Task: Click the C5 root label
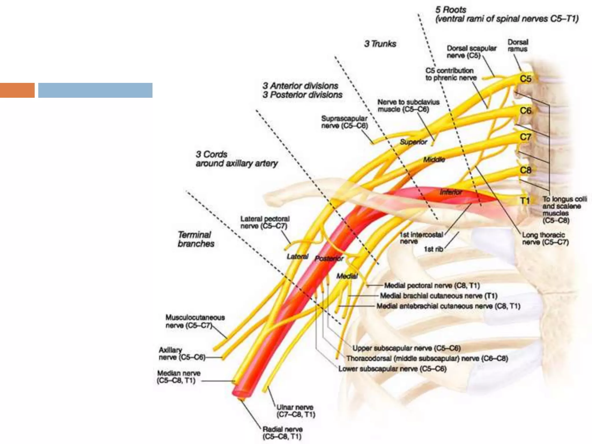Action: (x=525, y=79)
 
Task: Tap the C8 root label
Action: (x=525, y=170)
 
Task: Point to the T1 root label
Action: (x=525, y=201)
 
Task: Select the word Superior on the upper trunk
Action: (x=413, y=142)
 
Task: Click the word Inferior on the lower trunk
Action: (x=451, y=192)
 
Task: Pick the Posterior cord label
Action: (x=329, y=258)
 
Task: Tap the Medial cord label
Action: (x=347, y=276)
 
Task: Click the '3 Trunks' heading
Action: (x=380, y=44)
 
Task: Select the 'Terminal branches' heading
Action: (x=196, y=239)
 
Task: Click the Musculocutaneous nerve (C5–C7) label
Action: (x=195, y=321)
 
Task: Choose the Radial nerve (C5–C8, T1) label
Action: (x=282, y=433)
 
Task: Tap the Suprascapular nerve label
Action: (x=344, y=122)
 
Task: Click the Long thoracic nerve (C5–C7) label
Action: (x=545, y=239)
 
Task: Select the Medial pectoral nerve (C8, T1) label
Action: (x=432, y=286)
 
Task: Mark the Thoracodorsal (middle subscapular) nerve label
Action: (x=427, y=359)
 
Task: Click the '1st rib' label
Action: (x=433, y=249)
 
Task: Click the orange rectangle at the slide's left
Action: (x=17, y=90)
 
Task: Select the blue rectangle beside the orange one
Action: (x=95, y=90)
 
